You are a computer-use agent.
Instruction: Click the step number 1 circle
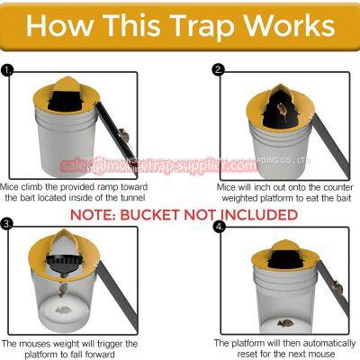click(8, 68)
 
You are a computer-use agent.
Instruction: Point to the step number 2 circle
click(217, 68)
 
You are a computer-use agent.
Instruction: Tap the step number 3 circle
click(8, 223)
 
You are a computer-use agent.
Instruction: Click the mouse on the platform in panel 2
click(283, 111)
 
